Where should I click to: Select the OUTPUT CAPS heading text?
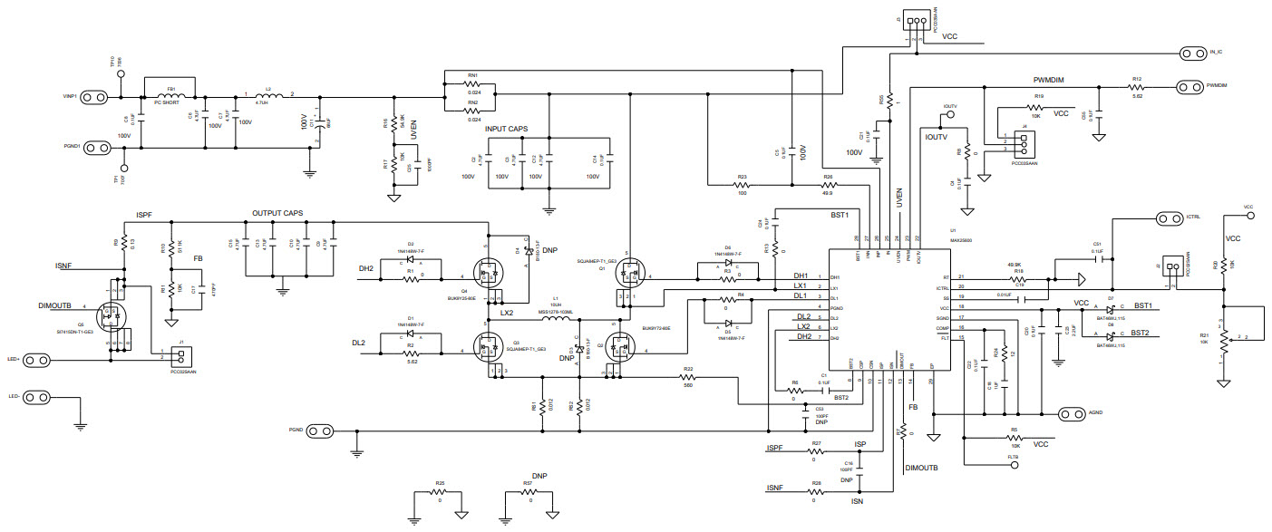coord(277,214)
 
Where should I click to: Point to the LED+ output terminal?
coord(35,360)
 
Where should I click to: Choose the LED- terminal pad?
coord(35,397)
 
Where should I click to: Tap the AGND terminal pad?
coord(1072,414)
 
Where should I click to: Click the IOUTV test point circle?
coord(948,116)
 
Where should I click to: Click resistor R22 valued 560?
coord(688,376)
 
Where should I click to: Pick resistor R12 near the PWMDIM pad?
coord(1136,87)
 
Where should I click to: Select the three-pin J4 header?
coord(1022,144)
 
